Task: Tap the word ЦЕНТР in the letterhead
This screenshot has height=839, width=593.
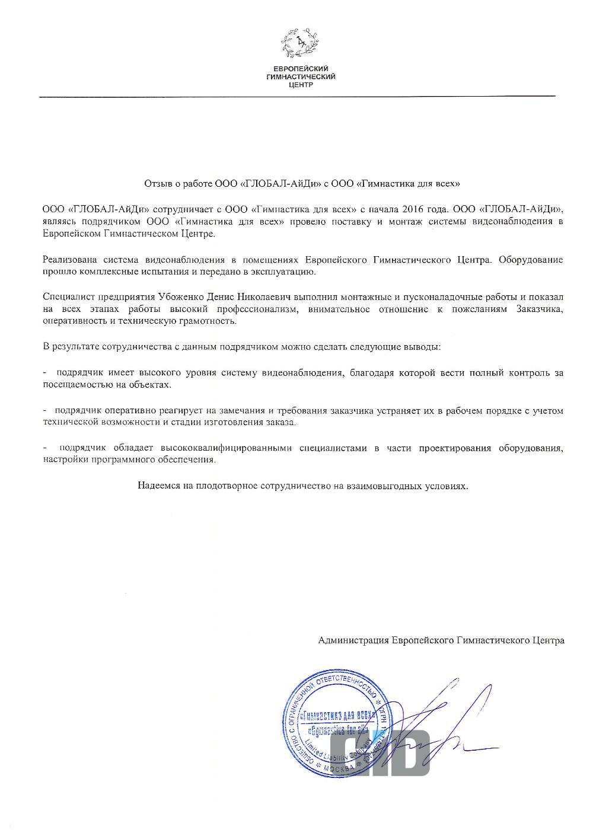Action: coord(300,84)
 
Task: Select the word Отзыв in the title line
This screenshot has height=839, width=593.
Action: coord(157,183)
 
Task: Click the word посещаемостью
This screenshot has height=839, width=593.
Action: coord(72,385)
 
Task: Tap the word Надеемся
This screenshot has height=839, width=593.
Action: coord(155,486)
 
